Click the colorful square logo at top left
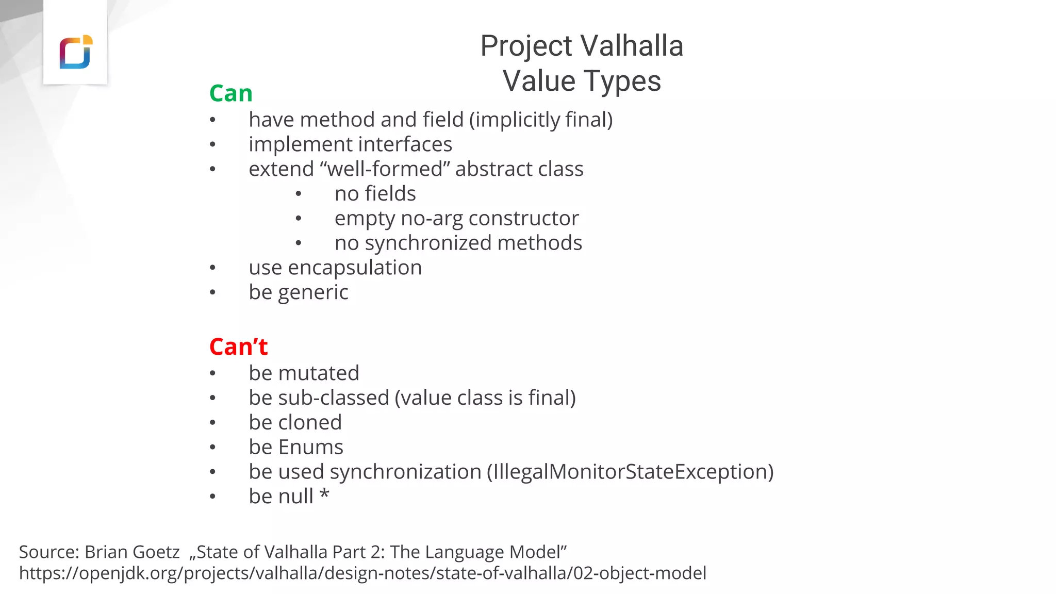pyautogui.click(x=76, y=52)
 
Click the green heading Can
pyautogui.click(x=230, y=93)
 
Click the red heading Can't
pyautogui.click(x=238, y=346)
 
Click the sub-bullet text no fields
pyautogui.click(x=375, y=194)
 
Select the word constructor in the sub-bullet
pyautogui.click(x=523, y=219)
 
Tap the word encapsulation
pyautogui.click(x=355, y=268)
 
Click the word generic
pyautogui.click(x=313, y=293)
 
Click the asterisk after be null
pyautogui.click(x=324, y=494)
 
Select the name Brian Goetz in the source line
pyautogui.click(x=132, y=552)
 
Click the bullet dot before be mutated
pyautogui.click(x=212, y=374)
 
